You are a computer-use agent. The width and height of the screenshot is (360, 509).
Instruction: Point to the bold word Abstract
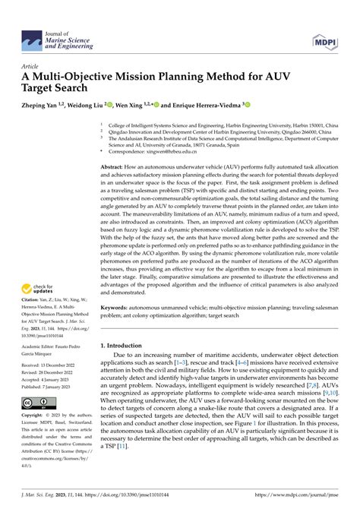(112, 166)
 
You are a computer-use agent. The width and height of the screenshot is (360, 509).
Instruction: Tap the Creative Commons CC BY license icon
(36, 403)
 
